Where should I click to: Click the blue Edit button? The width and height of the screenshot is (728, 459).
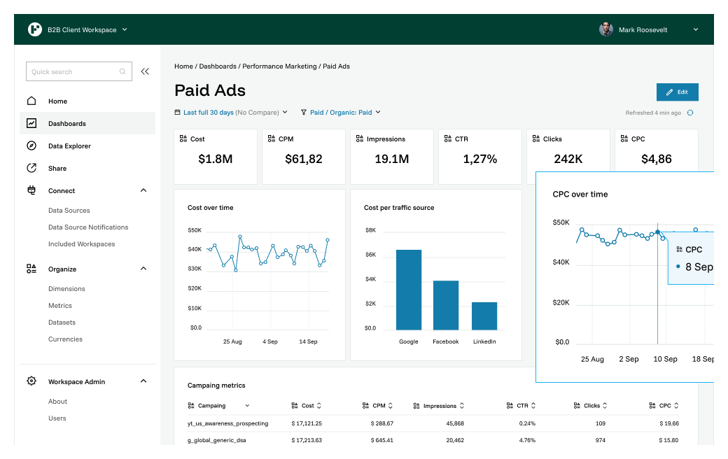(677, 92)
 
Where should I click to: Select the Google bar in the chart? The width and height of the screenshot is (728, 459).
(409, 290)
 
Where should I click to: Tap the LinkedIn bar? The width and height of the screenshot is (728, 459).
(484, 316)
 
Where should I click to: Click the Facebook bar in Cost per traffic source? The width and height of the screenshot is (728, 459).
(446, 305)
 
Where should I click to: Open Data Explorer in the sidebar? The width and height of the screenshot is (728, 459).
(69, 146)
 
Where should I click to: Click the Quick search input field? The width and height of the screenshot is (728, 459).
(73, 71)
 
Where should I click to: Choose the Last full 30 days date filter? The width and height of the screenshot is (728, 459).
(208, 112)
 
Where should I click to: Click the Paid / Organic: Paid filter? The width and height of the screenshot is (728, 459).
(341, 112)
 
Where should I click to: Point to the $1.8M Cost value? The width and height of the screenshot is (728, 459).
(215, 160)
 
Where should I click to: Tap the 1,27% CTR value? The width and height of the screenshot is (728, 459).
(479, 160)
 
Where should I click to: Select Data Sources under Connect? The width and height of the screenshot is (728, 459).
(69, 211)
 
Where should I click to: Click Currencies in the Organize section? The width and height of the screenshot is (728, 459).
(65, 339)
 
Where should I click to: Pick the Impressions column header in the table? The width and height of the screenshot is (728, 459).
(440, 406)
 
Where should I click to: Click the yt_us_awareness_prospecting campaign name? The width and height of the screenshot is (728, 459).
(227, 423)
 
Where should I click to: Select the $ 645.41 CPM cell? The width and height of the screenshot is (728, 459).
(381, 440)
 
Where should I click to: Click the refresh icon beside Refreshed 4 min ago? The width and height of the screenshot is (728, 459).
(690, 113)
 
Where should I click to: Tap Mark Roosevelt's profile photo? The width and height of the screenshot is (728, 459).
(606, 29)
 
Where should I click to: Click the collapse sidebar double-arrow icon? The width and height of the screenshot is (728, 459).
(145, 71)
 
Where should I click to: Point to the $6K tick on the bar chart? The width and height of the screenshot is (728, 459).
(370, 255)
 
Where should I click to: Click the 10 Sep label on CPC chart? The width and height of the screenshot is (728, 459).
(665, 359)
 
